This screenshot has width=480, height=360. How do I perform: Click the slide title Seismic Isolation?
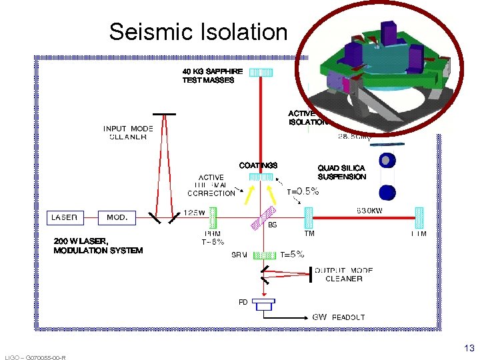pos(198,31)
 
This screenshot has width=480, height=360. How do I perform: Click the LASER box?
pos(65,217)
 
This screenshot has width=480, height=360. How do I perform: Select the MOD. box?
pos(118,217)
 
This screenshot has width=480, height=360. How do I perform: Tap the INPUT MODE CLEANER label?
pos(128,133)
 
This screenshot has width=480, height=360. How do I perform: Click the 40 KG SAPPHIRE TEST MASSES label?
pos(208,75)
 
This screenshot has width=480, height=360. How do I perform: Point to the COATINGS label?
pos(258,165)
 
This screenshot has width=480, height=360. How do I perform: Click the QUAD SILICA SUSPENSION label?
pos(341,173)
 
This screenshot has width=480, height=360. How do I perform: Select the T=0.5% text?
pos(303,191)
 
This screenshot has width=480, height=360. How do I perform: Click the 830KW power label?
pos(373,209)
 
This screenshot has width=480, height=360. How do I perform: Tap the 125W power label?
pos(194,212)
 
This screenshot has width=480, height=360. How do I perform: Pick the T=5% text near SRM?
pos(292,254)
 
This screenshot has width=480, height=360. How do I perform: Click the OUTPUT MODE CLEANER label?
pos(343,274)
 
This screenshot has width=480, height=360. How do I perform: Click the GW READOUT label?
pos(339,317)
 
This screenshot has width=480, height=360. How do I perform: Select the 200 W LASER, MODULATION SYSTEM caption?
pos(98,245)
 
